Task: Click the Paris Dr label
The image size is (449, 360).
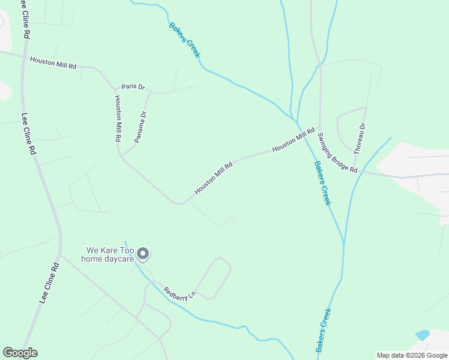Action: coord(133,87)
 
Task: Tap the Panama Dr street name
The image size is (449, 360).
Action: coord(140,127)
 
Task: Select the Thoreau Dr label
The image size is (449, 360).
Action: coord(360,139)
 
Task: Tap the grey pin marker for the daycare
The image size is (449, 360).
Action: coord(143,254)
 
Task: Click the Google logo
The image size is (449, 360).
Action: coord(20,353)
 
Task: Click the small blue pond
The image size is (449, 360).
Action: coord(422,335)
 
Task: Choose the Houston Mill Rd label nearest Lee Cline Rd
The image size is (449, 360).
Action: coord(53,62)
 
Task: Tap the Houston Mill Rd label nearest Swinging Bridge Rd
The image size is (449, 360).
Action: coord(294,140)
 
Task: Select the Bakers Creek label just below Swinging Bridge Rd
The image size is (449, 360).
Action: coord(322,183)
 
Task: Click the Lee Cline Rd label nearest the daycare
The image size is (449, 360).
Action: coord(49,283)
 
